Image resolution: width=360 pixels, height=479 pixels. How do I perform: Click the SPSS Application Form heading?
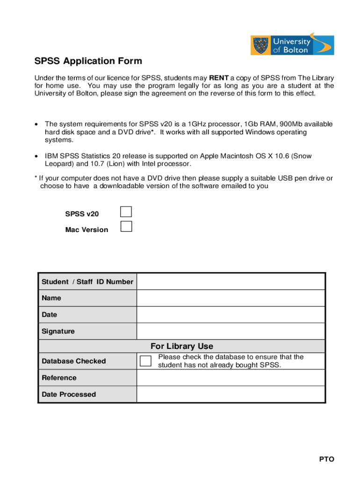tap(88, 61)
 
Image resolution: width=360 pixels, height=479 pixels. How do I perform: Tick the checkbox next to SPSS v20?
tap(126, 212)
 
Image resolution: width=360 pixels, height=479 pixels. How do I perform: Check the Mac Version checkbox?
tap(126, 227)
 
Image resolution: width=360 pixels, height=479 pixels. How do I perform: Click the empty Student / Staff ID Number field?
tap(230, 282)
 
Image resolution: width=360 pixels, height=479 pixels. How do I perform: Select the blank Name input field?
tap(230, 298)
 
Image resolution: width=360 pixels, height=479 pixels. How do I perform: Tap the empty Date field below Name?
tap(230, 315)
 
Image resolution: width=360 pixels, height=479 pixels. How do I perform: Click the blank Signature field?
tap(230, 331)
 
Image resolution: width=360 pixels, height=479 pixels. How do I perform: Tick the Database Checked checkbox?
tap(146, 361)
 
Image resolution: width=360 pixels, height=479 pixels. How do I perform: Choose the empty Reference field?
tap(230, 377)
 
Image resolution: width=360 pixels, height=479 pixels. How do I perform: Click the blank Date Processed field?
tap(230, 394)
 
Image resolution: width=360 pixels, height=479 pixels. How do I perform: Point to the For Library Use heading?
tap(181, 346)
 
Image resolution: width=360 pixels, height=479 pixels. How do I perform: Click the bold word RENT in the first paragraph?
tap(218, 78)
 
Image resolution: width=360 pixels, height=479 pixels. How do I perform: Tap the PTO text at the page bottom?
tap(327, 459)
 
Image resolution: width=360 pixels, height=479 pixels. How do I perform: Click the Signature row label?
tap(58, 331)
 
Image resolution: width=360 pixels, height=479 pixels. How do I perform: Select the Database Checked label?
tap(73, 361)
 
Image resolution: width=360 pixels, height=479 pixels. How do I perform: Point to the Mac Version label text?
tap(86, 230)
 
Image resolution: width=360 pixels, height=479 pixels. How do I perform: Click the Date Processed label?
tap(69, 394)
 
